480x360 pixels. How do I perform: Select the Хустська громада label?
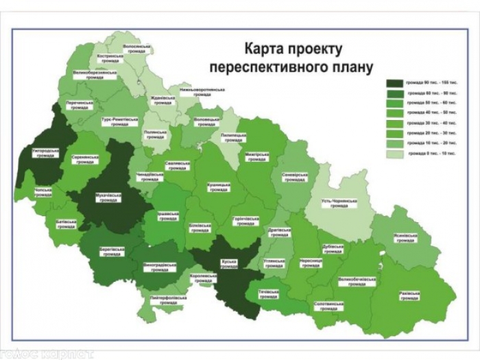click(x=228, y=263)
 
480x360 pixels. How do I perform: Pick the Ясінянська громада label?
click(x=405, y=238)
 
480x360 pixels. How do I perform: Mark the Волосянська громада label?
click(x=136, y=49)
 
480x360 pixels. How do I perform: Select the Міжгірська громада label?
click(x=258, y=157)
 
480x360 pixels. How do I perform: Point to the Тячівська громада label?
click(x=268, y=295)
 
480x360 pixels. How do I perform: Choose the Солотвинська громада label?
click(x=328, y=304)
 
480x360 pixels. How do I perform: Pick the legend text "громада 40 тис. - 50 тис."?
click(x=432, y=112)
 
